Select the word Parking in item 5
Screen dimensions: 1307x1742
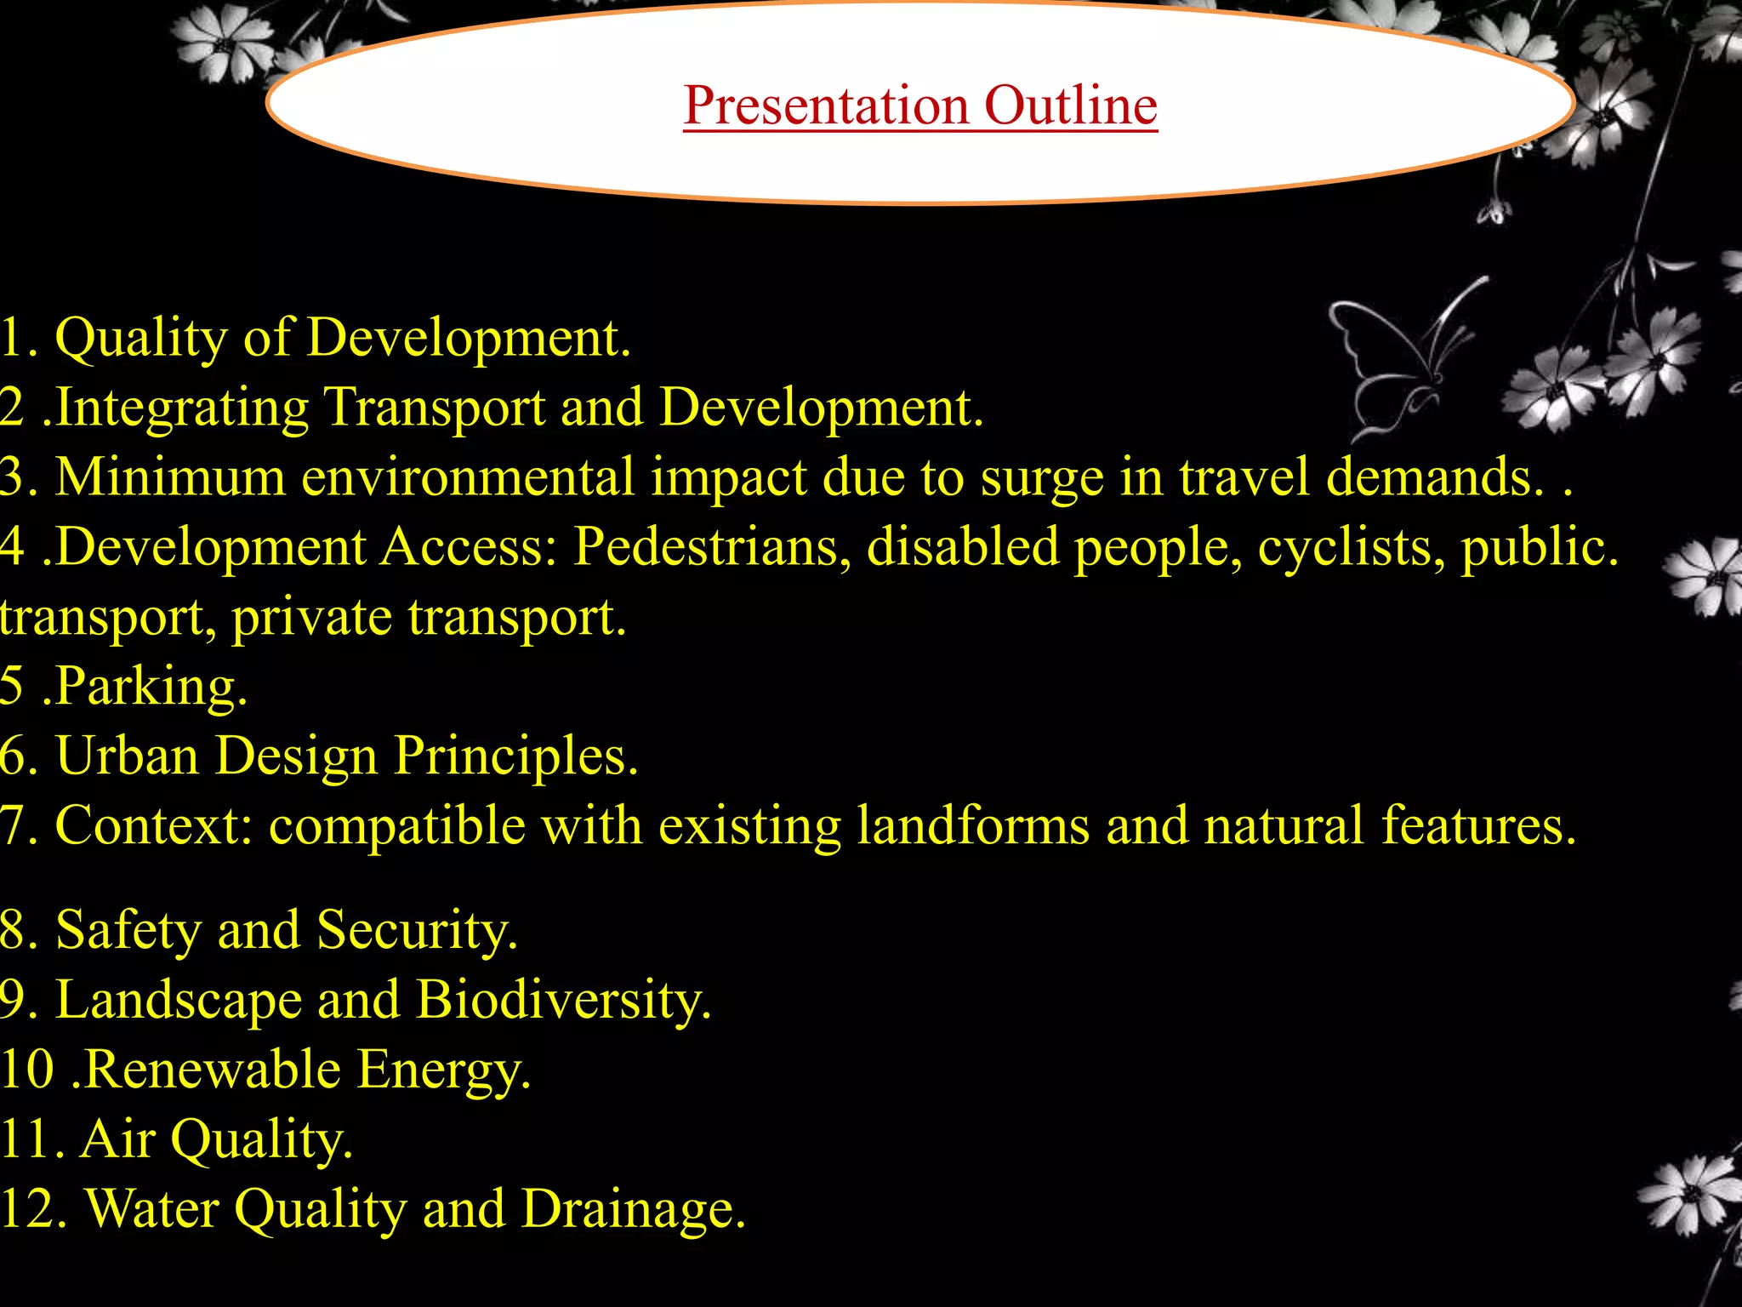click(x=151, y=686)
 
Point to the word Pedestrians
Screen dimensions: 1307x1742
click(x=711, y=546)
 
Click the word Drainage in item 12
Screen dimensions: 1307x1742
click(x=633, y=1208)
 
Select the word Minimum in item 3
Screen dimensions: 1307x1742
click(x=170, y=477)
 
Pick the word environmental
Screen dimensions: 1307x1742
click(x=468, y=477)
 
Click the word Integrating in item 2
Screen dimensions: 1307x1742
click(x=181, y=407)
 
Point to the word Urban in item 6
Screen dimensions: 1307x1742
click(x=127, y=756)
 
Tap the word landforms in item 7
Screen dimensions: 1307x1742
click(x=972, y=825)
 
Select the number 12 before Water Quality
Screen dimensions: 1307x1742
click(x=32, y=1208)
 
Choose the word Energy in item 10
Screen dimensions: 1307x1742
click(x=442, y=1070)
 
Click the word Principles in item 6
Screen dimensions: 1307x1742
click(x=515, y=756)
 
